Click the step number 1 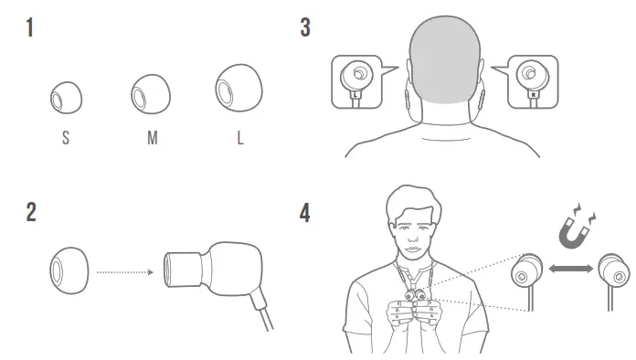(31, 28)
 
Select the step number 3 (305, 28)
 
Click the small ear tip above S (65, 96)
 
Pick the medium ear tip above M (147, 94)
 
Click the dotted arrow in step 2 (125, 271)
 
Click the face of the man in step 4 (414, 228)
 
